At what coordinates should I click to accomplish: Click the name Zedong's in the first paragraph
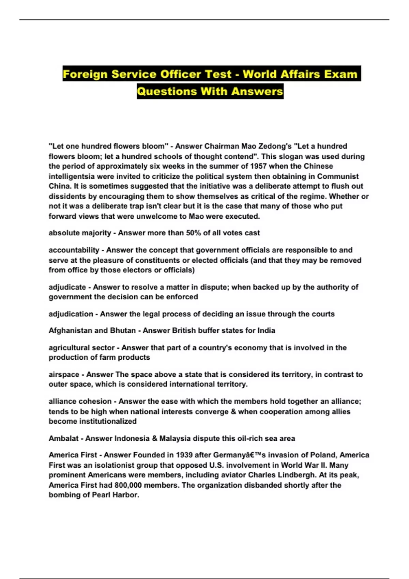pos(275,146)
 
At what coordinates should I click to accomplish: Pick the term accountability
pos(74,250)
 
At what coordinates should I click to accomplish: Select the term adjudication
pos(71,314)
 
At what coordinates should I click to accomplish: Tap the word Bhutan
pos(123,330)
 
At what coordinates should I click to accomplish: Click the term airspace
pos(64,375)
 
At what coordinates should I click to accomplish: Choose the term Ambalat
pos(63,438)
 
